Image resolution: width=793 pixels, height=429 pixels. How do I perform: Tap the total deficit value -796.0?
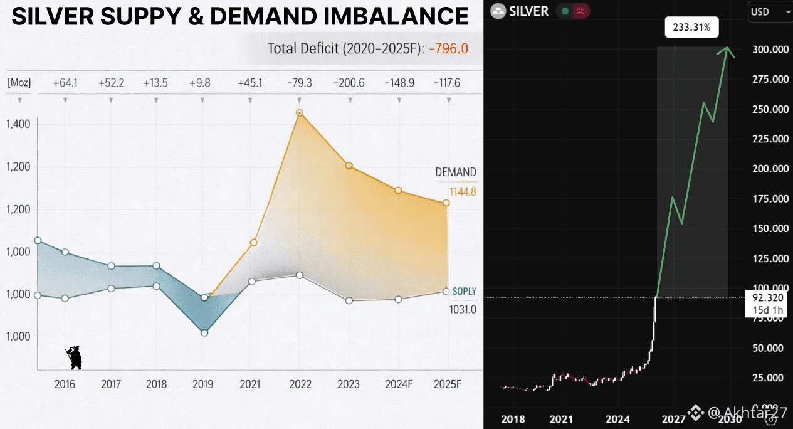pos(449,48)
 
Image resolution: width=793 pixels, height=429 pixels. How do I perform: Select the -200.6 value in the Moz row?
pos(349,83)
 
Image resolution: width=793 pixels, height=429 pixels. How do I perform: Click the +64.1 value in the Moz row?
pos(65,83)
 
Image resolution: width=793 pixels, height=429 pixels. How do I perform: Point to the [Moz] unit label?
pos(19,83)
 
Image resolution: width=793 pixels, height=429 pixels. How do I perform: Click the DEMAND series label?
pos(456,172)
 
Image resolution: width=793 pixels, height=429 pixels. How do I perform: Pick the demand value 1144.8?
pos(463,192)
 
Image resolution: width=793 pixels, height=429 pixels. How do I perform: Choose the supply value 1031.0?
pos(463,309)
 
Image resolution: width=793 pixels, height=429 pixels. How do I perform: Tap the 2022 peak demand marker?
pos(300,113)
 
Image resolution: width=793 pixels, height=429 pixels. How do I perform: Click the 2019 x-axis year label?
pos(203,384)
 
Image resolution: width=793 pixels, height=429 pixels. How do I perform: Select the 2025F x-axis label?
pos(448,384)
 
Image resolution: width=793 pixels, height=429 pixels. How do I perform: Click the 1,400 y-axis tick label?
pos(18,124)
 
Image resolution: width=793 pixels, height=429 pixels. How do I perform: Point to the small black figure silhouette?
pos(75,357)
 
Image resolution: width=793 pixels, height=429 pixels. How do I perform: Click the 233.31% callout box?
pos(691,28)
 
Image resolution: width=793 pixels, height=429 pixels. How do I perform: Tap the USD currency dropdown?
pos(769,12)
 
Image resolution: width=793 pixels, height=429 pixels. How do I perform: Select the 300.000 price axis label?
pos(770,50)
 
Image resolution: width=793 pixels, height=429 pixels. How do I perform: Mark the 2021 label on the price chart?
pos(561,419)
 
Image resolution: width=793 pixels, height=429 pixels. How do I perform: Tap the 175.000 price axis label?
pos(770,199)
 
